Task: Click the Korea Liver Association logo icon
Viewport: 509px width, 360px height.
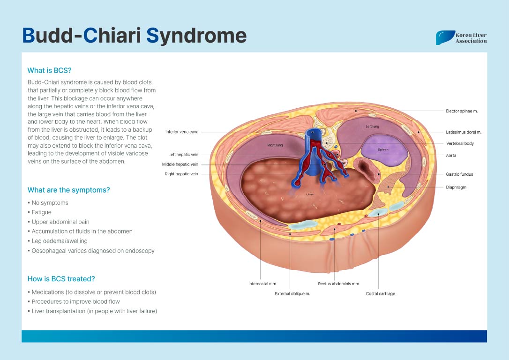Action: [445, 37]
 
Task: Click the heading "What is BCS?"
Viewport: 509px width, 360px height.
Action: [49, 70]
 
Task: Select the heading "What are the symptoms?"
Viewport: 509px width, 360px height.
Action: [68, 190]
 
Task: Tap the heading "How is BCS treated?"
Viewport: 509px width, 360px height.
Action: [61, 279]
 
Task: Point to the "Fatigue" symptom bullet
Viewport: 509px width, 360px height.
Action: [41, 212]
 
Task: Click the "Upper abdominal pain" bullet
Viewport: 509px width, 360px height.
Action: [60, 222]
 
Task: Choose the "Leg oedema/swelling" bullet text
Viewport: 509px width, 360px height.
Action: [60, 241]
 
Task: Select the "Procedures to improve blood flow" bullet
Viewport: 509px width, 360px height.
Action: [75, 301]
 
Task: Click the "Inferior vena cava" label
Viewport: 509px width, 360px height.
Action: [182, 132]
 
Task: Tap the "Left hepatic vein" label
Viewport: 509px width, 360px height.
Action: [183, 155]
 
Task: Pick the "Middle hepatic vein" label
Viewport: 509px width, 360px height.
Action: [180, 164]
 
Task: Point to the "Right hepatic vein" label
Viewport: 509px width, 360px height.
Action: [181, 174]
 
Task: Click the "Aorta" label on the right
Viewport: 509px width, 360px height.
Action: [451, 156]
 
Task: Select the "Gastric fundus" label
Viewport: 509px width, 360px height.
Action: [459, 174]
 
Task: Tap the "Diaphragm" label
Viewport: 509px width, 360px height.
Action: [456, 187]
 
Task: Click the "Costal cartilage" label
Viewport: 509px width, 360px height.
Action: [381, 294]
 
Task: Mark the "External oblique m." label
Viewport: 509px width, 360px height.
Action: [292, 294]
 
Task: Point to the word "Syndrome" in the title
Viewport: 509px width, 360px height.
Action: [196, 36]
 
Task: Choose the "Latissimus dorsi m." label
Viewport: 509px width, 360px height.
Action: [464, 132]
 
